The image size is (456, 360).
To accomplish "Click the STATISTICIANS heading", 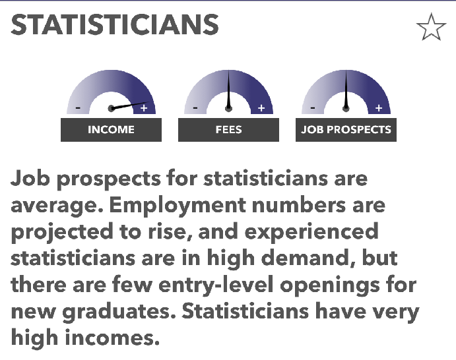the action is point(115,24).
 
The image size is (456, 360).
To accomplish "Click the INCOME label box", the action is point(111,130).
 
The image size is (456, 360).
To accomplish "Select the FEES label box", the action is point(228,130).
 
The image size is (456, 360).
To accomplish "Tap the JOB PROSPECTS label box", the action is point(346,130).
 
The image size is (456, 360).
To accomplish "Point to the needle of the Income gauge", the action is point(129,105).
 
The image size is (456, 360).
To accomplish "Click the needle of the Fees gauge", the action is point(228,90).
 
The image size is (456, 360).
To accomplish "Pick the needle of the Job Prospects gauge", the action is point(346,90).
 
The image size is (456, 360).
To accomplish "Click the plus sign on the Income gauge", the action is point(144,108).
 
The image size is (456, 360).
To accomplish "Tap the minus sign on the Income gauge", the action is point(78,108).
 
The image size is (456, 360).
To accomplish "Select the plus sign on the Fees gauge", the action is point(261,108).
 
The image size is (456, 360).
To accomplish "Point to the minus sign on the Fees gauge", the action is point(195,108).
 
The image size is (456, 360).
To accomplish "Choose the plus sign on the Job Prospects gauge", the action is point(379,108).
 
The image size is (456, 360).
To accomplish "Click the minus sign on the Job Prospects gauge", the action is point(313,108).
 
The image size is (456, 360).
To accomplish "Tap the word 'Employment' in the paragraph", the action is point(178,206).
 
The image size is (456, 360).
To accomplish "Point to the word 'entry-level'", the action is point(216,285).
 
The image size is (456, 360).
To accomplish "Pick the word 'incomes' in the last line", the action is point(112,338).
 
